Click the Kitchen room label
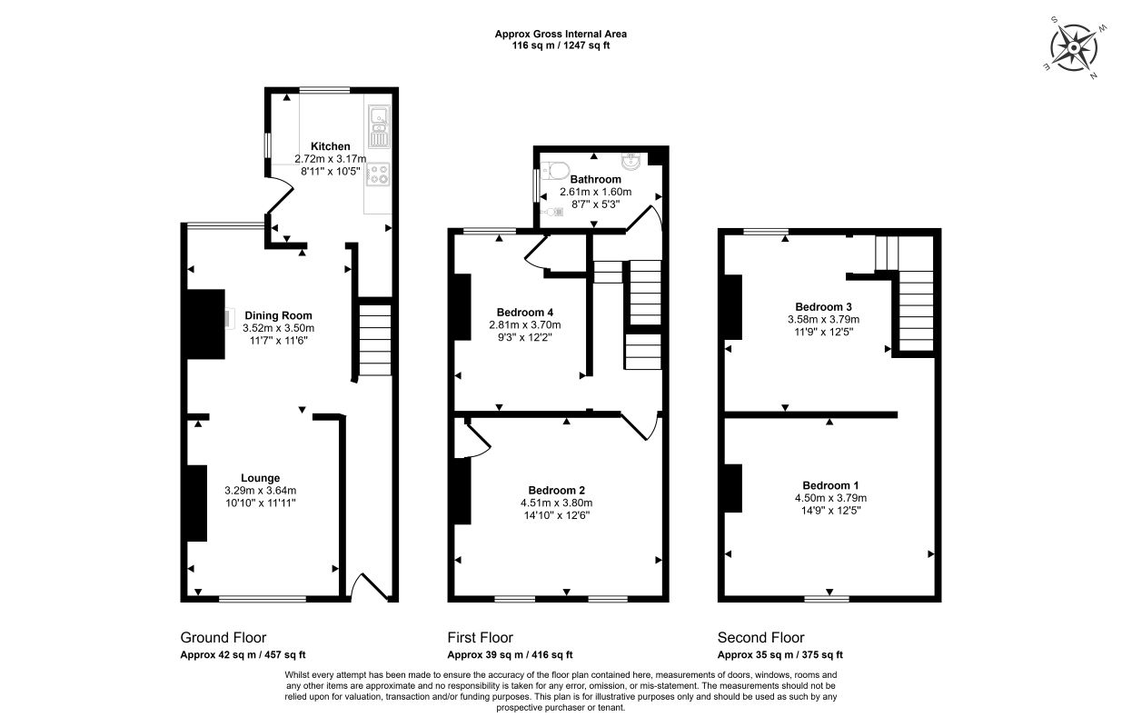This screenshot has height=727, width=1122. point(330,146)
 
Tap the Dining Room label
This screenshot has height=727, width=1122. point(278,315)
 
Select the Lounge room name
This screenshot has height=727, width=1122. point(260,478)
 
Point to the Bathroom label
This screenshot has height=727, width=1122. point(596,179)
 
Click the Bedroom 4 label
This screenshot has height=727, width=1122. point(525,312)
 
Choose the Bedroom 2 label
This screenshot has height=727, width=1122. point(557,490)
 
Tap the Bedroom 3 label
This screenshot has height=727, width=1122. point(823,306)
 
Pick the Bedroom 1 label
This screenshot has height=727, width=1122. point(830,485)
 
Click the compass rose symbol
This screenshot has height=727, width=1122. point(1074,48)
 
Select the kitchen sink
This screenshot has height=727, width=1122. point(379,126)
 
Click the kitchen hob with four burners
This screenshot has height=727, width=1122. point(378,174)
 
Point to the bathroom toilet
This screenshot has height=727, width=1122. point(555,170)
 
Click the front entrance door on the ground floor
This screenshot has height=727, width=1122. point(370,586)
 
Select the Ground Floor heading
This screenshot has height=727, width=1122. point(223,637)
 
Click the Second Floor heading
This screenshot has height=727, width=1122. point(760,637)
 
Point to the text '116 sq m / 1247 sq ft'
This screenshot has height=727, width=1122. point(561,45)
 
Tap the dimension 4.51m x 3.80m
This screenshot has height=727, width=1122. point(557,503)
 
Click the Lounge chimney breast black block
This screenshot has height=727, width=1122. point(197,503)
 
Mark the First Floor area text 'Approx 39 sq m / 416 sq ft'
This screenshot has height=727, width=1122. point(510,655)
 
